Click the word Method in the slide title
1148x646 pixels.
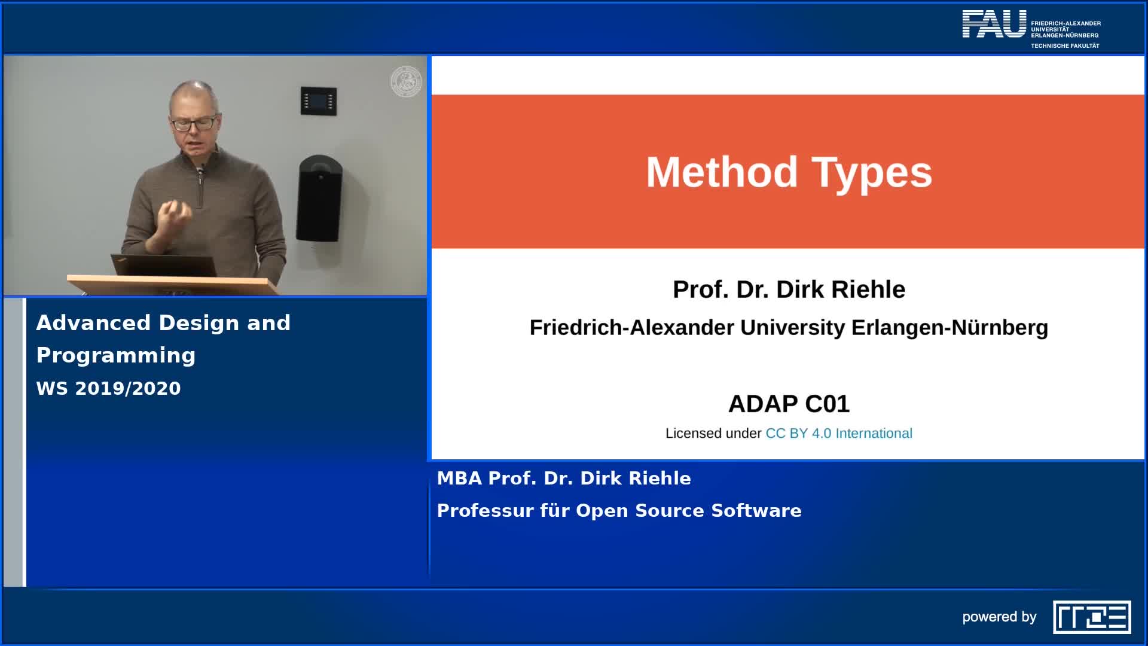(x=721, y=172)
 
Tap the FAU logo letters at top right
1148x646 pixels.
(x=993, y=25)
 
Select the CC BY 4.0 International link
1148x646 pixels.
(x=838, y=433)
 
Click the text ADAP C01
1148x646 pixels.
(x=789, y=404)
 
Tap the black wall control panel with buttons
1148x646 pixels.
(x=318, y=101)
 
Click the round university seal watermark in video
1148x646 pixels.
(x=406, y=81)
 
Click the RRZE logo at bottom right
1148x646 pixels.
(x=1092, y=617)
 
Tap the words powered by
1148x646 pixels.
(x=999, y=617)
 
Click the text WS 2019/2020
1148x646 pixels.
(x=108, y=388)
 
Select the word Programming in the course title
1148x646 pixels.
(x=116, y=355)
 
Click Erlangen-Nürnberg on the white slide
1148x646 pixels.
(x=949, y=327)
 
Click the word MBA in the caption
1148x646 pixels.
(x=459, y=478)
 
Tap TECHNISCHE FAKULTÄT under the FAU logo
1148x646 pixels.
(x=1065, y=45)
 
